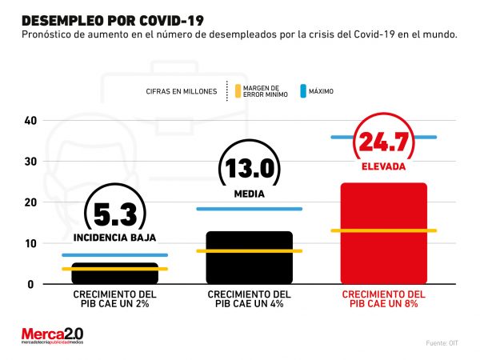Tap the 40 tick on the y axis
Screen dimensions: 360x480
30,121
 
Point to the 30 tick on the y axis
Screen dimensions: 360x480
30,162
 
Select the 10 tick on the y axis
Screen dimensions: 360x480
30,243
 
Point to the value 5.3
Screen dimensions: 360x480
114,214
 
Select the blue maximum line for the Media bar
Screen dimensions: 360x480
249,209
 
